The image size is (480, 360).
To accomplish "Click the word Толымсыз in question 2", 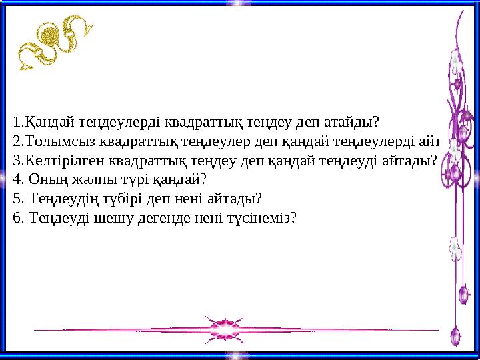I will pos(52,141).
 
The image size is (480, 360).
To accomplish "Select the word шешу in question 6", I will pos(99,217).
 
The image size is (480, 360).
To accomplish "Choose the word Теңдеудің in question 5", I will pos(57,198).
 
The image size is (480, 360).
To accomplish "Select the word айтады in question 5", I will pos(237,198).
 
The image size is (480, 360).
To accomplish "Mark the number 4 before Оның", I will pos(16,179).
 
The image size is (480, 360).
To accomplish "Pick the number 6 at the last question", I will pos(16,217).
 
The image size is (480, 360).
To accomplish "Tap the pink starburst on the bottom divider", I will pos(220,329).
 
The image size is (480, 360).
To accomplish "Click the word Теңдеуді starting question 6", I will pos(53,217).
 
